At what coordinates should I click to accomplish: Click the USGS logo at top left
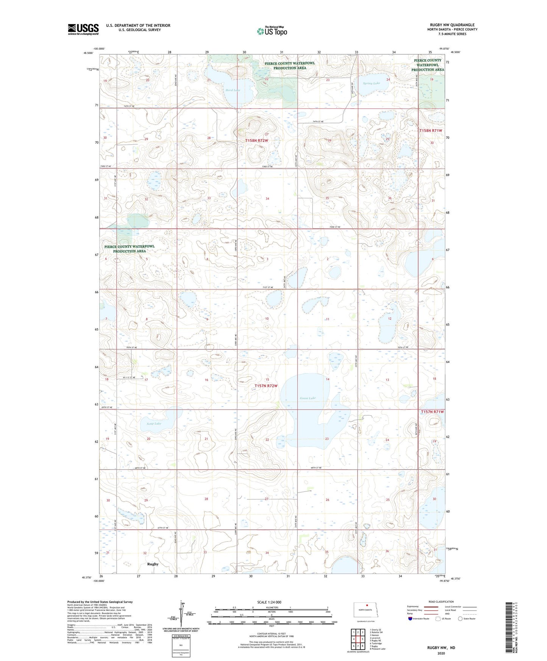pyautogui.click(x=83, y=29)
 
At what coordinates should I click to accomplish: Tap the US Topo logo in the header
pyautogui.click(x=272, y=31)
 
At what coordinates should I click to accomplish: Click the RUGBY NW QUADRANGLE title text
pyautogui.click(x=452, y=25)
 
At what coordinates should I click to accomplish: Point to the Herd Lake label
pyautogui.click(x=233, y=90)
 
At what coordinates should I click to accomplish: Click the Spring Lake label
pyautogui.click(x=371, y=83)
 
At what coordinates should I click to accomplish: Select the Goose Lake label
pyautogui.click(x=307, y=398)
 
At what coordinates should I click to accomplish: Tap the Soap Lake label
pyautogui.click(x=154, y=424)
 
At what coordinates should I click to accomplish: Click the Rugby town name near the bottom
pyautogui.click(x=153, y=564)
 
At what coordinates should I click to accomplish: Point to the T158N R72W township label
pyautogui.click(x=257, y=140)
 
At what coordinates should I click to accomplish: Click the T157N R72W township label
pyautogui.click(x=266, y=386)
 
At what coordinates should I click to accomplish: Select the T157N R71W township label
pyautogui.click(x=432, y=412)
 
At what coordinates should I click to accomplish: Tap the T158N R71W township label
pyautogui.click(x=431, y=130)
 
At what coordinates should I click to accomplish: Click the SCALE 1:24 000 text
pyautogui.click(x=269, y=602)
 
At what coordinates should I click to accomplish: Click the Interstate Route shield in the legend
pyautogui.click(x=410, y=619)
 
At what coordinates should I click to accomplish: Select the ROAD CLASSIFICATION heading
pyautogui.click(x=441, y=602)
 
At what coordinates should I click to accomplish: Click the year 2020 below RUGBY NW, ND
pyautogui.click(x=441, y=653)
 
